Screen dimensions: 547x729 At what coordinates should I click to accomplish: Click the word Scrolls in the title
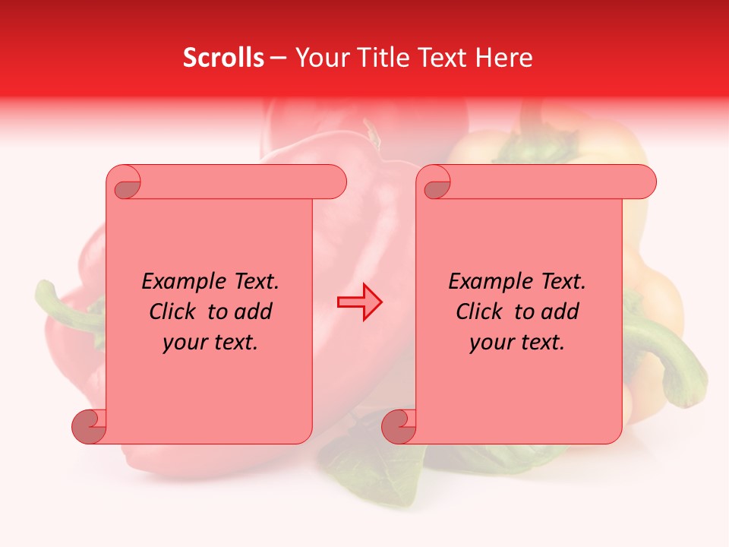223,58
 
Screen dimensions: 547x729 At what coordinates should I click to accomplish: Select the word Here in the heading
504,58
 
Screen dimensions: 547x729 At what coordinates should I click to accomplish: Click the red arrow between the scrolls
360,302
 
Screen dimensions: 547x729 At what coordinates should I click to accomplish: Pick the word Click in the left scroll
166,311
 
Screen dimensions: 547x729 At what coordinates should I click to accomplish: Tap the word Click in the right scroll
473,311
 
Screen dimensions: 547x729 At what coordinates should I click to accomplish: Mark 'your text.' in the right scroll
517,342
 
